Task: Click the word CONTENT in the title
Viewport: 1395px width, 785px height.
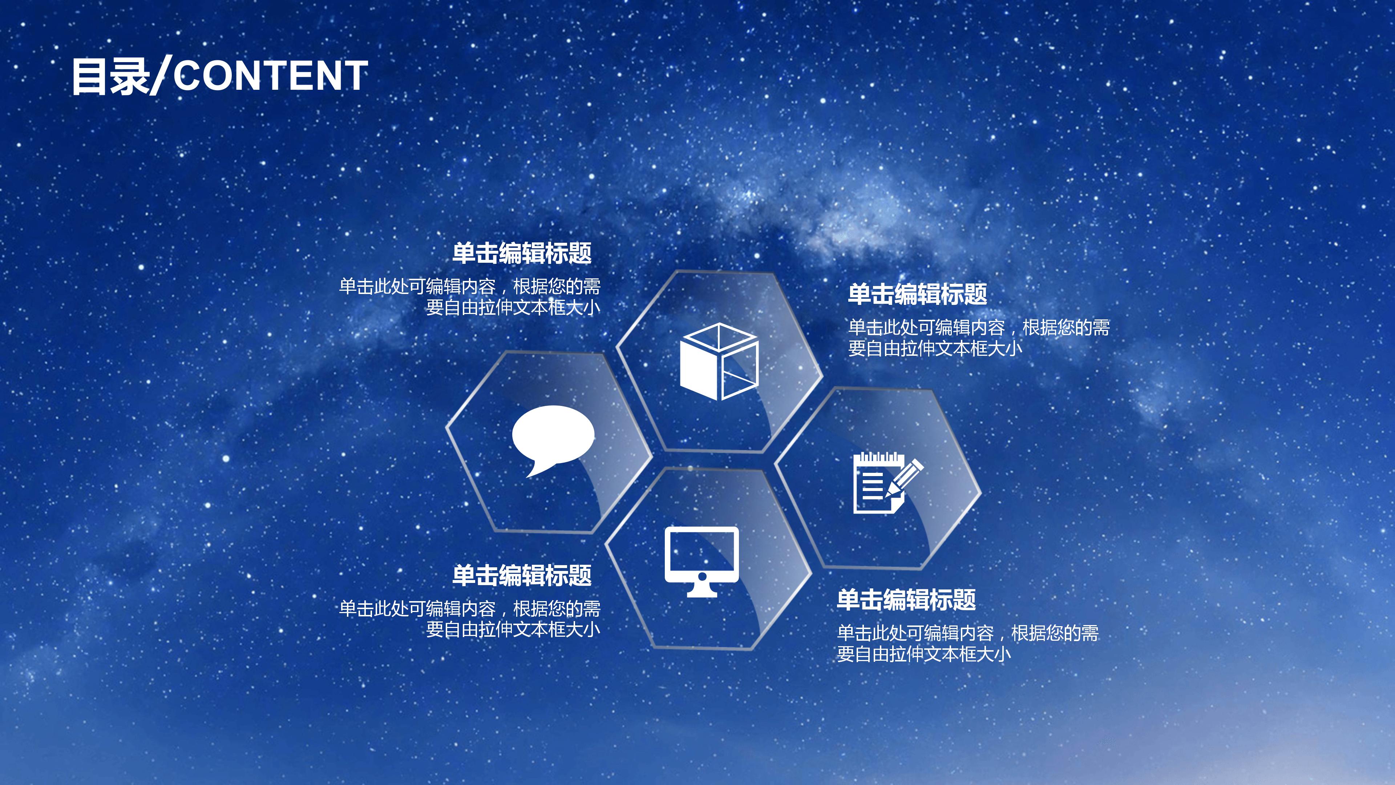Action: pyautogui.click(x=271, y=76)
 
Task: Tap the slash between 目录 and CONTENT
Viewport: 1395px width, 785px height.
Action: pyautogui.click(x=160, y=76)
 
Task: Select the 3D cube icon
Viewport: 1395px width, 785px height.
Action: pyautogui.click(x=719, y=361)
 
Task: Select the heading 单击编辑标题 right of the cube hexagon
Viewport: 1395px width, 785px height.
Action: pyautogui.click(x=917, y=294)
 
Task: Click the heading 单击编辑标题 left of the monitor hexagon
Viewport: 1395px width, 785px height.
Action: pyautogui.click(x=522, y=575)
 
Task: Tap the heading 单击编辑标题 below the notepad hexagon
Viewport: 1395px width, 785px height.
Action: pyautogui.click(x=906, y=600)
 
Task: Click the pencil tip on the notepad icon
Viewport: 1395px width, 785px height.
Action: pyautogui.click(x=889, y=495)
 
